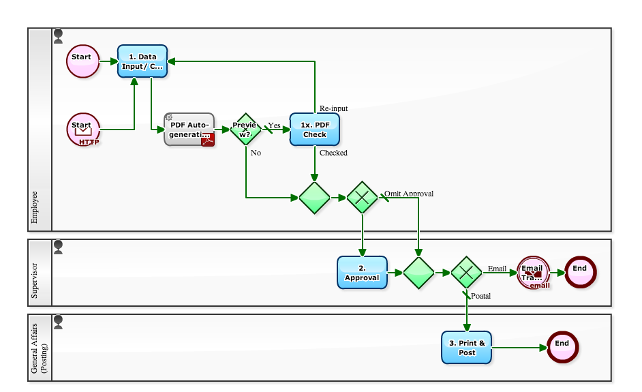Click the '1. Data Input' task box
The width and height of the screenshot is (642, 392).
(142, 61)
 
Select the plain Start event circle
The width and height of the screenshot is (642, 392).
(82, 61)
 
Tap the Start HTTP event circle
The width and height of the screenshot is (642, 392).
(83, 130)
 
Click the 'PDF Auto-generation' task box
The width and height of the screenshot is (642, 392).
(189, 129)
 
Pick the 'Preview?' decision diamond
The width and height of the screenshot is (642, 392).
(245, 129)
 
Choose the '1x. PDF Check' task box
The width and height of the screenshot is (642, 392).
(314, 129)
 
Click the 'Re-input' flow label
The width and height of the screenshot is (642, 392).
(333, 108)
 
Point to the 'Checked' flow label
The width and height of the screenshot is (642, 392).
(333, 153)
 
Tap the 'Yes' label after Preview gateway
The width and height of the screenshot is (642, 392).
(274, 125)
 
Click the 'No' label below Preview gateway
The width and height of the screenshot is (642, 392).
(256, 153)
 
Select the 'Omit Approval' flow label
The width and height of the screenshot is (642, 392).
(409, 194)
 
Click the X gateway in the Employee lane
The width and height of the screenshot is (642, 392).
(362, 198)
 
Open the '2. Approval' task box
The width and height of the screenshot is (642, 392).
(362, 273)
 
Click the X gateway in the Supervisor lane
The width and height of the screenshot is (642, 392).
(467, 273)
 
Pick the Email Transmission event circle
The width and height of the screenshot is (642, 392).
(533, 273)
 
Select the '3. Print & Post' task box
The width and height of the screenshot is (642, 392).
(466, 348)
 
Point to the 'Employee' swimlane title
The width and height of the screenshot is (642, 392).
(35, 207)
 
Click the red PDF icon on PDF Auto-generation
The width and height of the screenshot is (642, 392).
(207, 140)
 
